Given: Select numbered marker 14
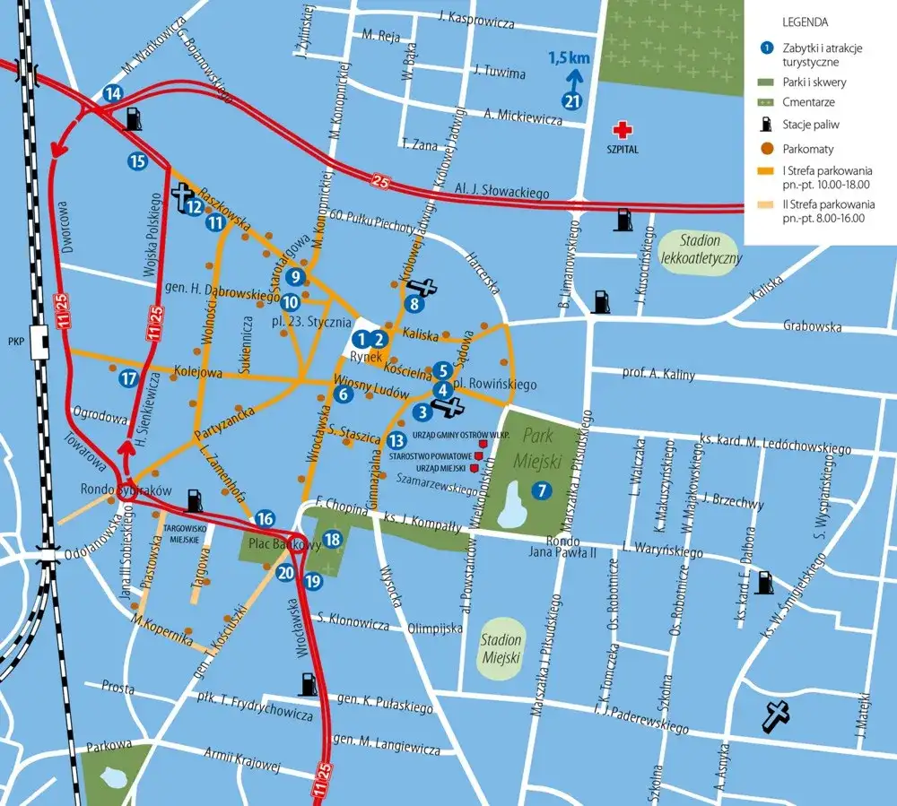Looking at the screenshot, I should [113, 93].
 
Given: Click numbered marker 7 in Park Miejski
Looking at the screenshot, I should [540, 490].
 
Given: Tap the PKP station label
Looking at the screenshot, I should [15, 342].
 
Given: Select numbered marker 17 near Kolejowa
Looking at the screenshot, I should [129, 378].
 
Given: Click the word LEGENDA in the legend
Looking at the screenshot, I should [805, 22].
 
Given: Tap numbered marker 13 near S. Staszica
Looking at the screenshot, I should [397, 439].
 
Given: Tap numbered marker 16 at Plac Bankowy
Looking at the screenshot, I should [265, 518].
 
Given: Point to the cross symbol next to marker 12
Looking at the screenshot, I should [183, 194].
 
